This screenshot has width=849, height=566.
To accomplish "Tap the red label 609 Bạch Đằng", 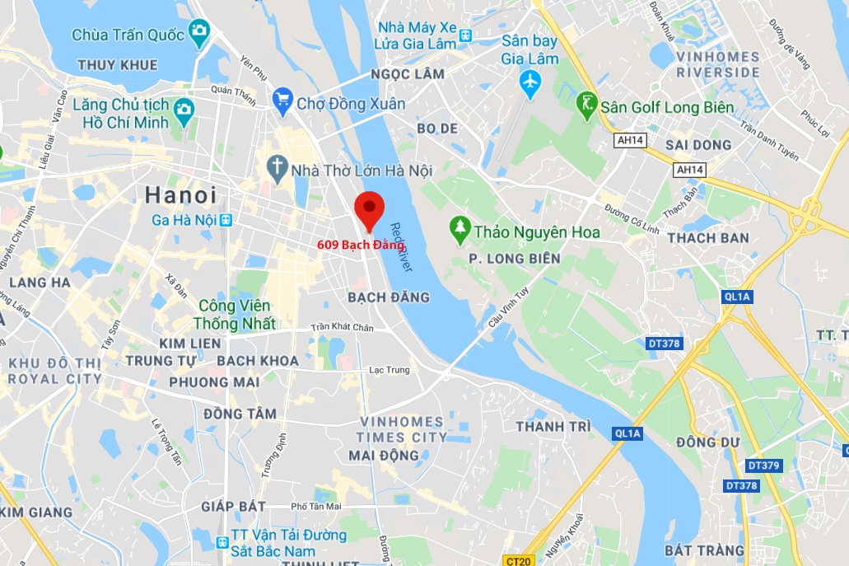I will point(361,245).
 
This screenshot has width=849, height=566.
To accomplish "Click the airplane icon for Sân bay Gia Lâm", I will point(530,82).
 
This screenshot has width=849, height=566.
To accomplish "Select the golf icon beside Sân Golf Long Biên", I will point(587,105).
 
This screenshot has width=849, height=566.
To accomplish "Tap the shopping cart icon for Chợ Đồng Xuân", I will point(282,102).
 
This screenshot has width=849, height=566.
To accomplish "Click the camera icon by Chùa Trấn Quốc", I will point(198,33).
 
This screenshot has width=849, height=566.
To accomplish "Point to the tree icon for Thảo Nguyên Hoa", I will point(459,230).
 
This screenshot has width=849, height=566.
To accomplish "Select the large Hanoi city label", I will point(181,195).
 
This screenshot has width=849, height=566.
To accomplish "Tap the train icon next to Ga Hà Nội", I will point(226,220).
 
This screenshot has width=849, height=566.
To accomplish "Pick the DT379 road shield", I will point(763,465).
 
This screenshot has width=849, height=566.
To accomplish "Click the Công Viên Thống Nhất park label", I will point(236,315).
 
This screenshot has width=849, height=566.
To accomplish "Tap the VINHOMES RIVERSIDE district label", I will point(718,64).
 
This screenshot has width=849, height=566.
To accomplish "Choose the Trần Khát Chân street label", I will point(342,327).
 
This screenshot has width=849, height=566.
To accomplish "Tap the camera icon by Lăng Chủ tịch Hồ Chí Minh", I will point(184,108).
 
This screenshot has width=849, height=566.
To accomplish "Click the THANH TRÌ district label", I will point(553,427).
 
